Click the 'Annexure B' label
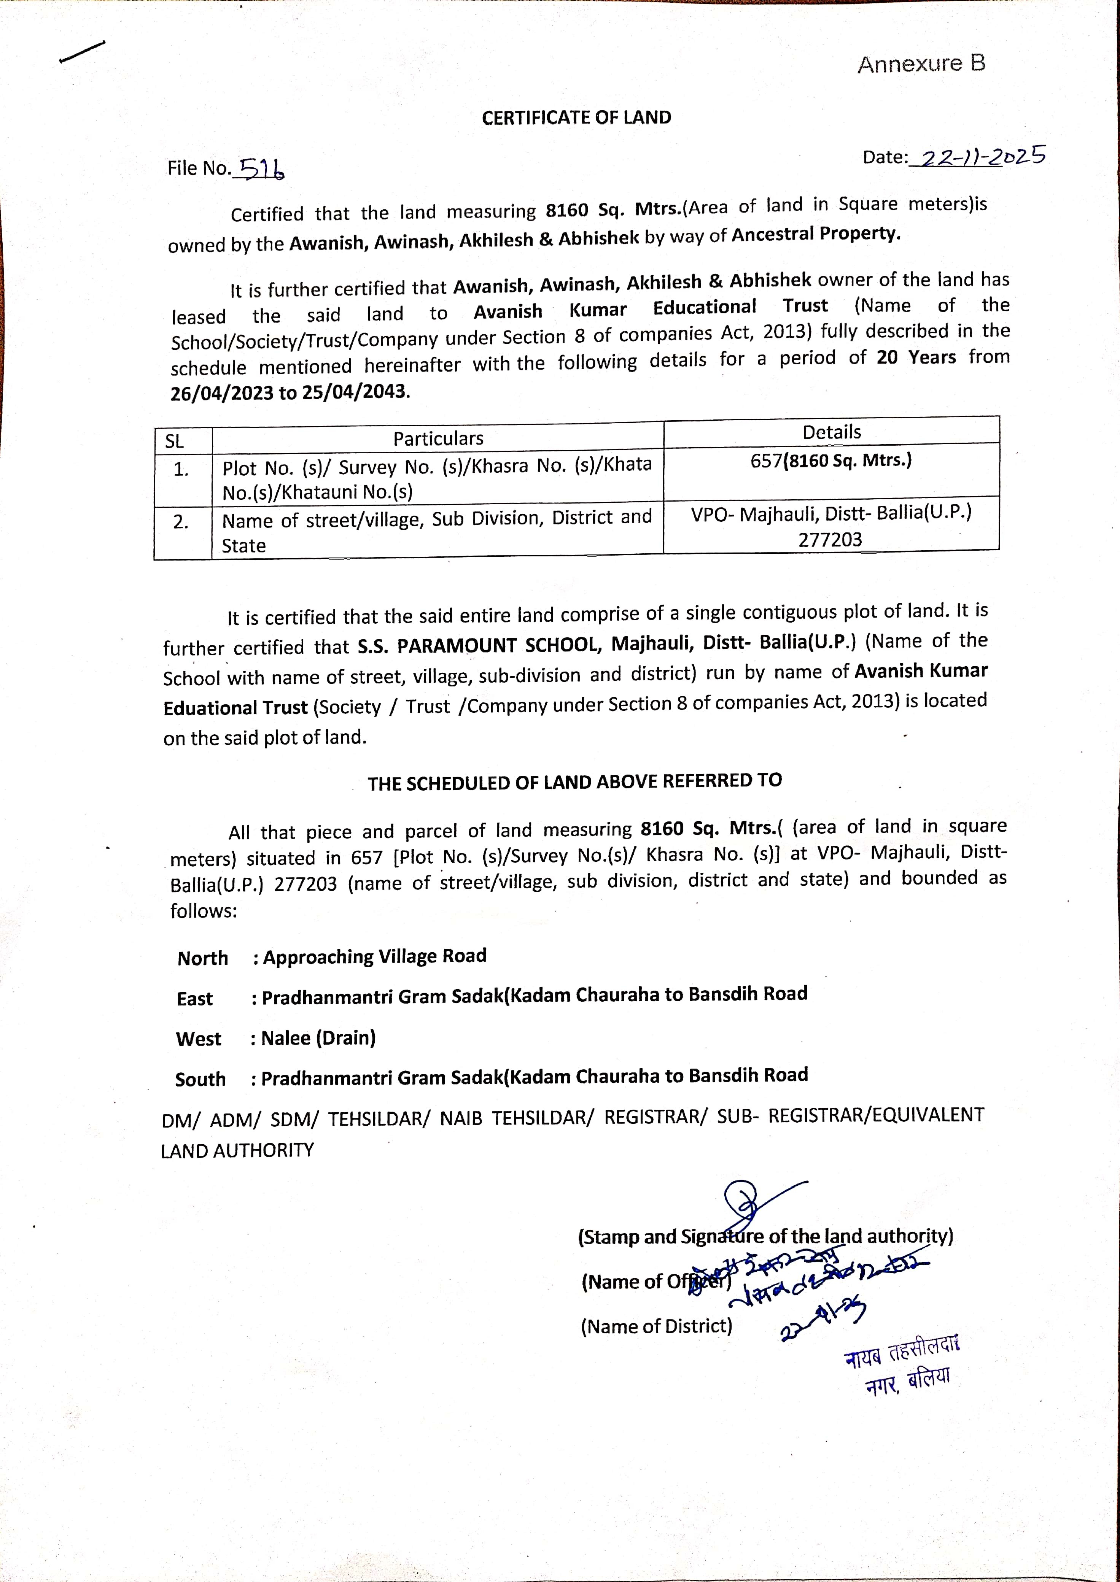[x=921, y=64]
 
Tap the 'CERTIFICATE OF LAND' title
[x=576, y=118]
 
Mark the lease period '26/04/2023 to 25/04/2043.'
[x=290, y=392]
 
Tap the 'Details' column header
[x=832, y=432]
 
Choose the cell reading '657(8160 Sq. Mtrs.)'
[x=831, y=461]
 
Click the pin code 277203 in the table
[x=830, y=540]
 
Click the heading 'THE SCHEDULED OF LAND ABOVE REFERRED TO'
[x=574, y=782]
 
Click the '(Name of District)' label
[x=656, y=1326]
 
